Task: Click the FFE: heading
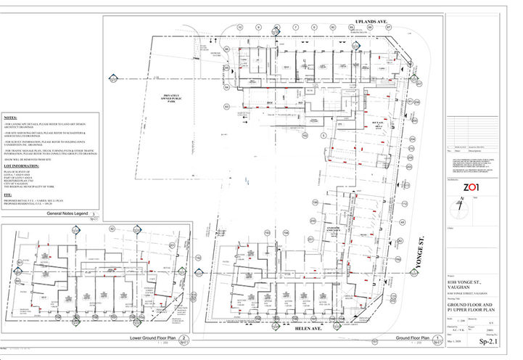(8, 196)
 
